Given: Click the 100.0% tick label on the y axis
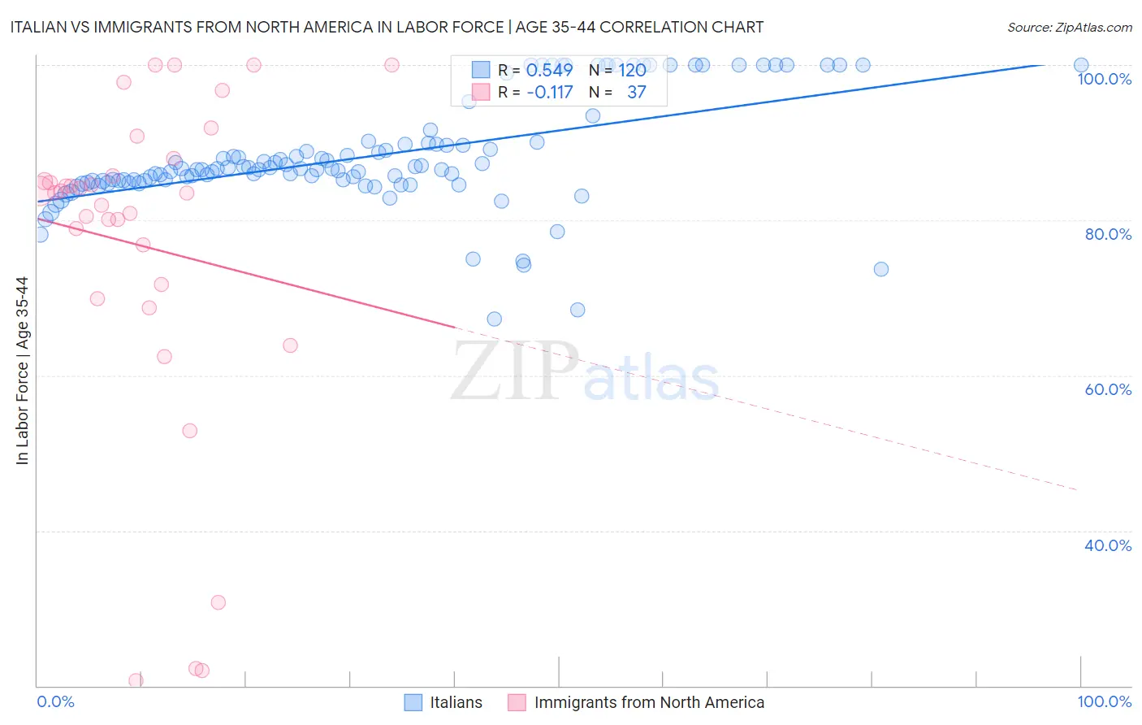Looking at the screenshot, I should click(x=1104, y=79).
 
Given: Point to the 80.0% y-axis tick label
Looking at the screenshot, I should click(x=1108, y=234).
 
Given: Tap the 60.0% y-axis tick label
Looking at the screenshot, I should click(x=1108, y=389).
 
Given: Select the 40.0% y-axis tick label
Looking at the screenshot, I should click(x=1108, y=545).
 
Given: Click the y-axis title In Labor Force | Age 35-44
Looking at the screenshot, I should click(x=22, y=371).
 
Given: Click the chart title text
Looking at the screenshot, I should click(x=387, y=27).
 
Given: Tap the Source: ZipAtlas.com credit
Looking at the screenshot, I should click(x=1069, y=27).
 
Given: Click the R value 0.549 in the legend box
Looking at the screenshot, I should click(x=549, y=70).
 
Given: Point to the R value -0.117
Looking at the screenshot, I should click(x=549, y=93).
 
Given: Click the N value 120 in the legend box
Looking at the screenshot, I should click(x=632, y=70).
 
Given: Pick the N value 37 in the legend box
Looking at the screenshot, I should click(x=636, y=93).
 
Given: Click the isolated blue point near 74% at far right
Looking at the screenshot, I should click(x=881, y=269).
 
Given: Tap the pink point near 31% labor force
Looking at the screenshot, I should click(x=218, y=602).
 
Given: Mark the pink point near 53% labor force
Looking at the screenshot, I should click(x=190, y=431).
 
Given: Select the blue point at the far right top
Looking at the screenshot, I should click(x=1081, y=65).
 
